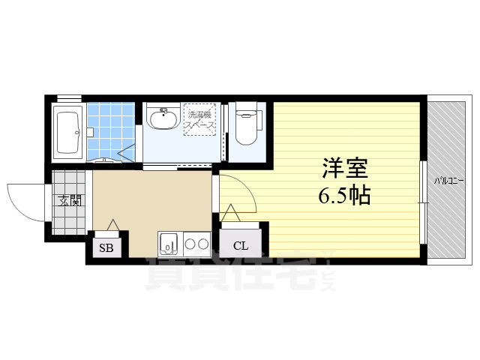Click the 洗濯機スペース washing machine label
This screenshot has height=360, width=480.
tap(201, 120)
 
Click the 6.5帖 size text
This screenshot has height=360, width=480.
tap(344, 196)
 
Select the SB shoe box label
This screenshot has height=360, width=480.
tap(106, 247)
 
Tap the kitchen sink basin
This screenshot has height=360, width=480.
tap(168, 244)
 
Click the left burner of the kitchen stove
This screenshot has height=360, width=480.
tap(189, 243)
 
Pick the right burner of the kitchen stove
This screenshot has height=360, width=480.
tap(202, 243)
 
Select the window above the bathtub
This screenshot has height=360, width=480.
tap(69, 98)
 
